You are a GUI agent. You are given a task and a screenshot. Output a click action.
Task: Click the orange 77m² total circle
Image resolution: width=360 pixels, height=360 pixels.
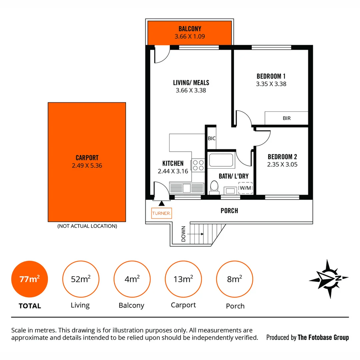click(30, 279)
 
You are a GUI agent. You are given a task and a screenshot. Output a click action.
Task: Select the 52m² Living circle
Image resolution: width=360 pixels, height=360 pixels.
click(81, 279)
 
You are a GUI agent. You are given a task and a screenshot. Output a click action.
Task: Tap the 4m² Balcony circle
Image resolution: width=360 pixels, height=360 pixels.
click(132, 279)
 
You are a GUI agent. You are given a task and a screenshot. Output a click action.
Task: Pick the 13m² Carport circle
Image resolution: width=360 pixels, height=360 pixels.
click(183, 279)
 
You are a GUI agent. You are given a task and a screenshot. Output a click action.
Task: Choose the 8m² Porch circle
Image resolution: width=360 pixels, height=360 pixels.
click(235, 279)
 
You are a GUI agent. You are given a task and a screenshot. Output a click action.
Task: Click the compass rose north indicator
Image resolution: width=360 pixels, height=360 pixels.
click(329, 278)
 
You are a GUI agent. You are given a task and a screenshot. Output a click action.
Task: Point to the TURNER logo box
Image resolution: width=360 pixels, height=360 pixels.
click(162, 213)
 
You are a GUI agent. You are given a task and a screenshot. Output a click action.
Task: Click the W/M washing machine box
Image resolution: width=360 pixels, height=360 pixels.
click(246, 188)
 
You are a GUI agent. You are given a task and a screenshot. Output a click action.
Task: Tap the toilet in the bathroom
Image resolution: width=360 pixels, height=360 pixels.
click(214, 188)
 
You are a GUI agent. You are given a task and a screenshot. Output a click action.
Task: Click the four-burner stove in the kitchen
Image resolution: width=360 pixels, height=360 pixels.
click(197, 165)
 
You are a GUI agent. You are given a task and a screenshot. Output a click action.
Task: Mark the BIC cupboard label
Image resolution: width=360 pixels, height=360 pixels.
click(211, 138)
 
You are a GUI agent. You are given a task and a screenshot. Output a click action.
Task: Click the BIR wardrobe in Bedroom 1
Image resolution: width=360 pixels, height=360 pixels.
click(286, 118)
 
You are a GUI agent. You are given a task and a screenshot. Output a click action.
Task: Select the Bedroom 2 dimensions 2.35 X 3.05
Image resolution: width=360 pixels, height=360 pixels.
click(282, 164)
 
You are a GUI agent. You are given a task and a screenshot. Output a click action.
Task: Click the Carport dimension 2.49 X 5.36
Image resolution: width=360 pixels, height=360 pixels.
click(87, 165)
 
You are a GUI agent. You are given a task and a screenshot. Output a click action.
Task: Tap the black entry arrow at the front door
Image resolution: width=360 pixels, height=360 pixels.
click(162, 203)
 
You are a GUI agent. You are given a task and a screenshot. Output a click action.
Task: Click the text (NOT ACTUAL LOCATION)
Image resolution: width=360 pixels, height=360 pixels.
click(87, 226)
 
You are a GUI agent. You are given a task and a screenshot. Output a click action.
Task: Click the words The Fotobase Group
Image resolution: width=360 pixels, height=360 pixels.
click(323, 337)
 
